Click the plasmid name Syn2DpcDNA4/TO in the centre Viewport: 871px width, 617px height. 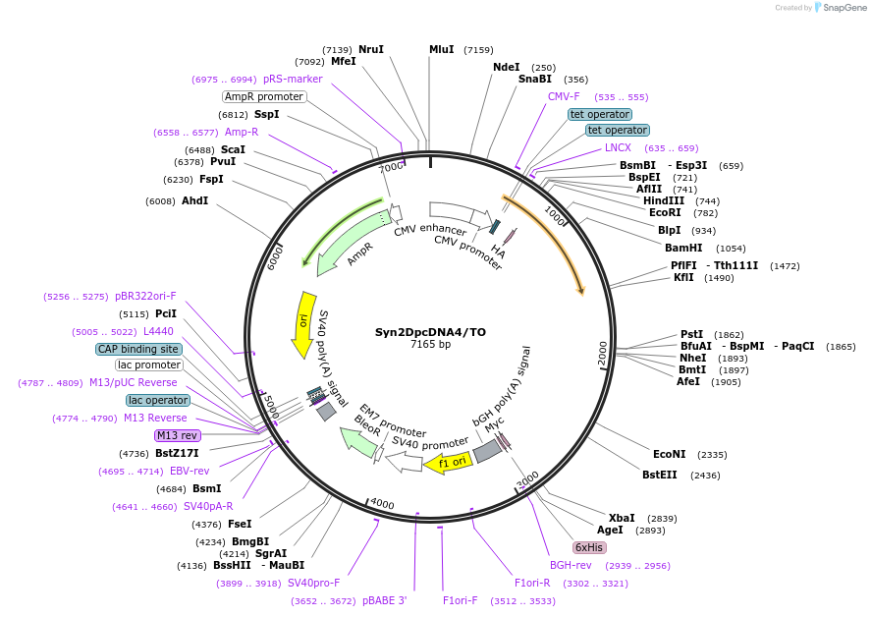coord(430,332)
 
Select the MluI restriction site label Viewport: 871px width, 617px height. coord(442,49)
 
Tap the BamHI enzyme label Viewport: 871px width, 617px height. coord(684,249)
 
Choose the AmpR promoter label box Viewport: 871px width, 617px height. coord(264,96)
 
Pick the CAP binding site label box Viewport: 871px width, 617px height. coord(138,349)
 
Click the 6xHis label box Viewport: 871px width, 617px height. coord(589,547)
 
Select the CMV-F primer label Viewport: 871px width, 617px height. coord(564,96)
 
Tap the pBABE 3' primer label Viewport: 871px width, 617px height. coord(384,600)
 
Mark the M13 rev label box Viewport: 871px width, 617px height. coord(177,435)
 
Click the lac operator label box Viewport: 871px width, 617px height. coord(158,400)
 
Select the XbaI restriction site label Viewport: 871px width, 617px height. coord(622,518)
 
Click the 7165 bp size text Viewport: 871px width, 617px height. coord(430,345)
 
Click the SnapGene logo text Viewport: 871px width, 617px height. coord(844,8)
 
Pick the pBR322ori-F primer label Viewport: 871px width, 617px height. coord(145,296)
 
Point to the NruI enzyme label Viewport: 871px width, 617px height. coord(371,49)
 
